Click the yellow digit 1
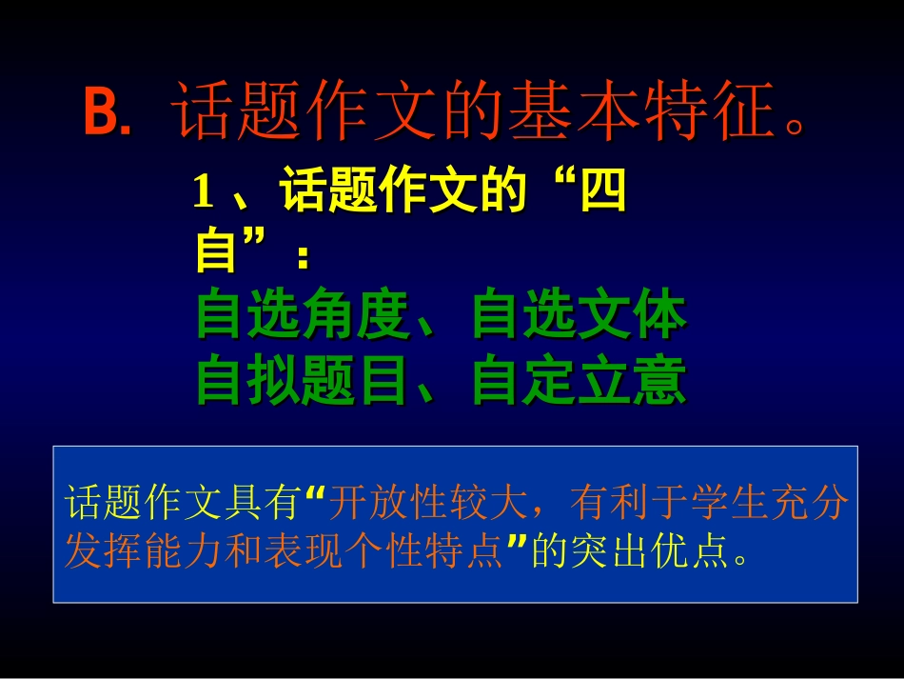click(x=202, y=194)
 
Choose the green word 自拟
click(x=250, y=382)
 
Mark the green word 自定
click(x=525, y=382)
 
